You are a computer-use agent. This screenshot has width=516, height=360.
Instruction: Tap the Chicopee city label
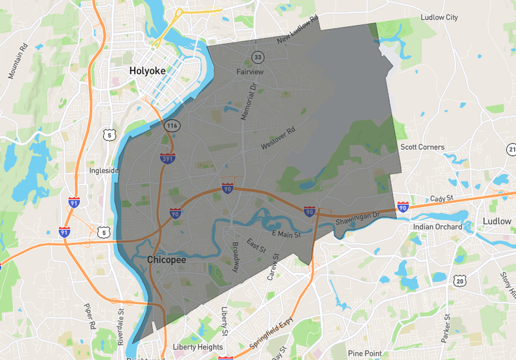click(166, 260)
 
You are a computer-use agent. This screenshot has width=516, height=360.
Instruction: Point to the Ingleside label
click(104, 171)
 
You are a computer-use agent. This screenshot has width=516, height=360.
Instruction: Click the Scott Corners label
click(422, 147)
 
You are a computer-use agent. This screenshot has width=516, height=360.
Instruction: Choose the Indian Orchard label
click(438, 227)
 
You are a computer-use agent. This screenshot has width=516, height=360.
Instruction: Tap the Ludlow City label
click(439, 18)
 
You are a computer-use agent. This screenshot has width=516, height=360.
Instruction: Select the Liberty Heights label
click(198, 347)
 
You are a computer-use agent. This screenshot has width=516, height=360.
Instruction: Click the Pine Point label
click(365, 353)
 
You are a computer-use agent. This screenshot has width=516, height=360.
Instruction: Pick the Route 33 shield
click(258, 56)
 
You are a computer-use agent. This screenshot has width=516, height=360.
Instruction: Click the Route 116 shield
click(172, 125)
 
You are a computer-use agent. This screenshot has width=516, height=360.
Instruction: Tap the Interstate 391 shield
click(167, 158)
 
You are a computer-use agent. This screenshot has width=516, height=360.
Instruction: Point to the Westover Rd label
click(278, 137)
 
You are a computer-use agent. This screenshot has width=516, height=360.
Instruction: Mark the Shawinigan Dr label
click(358, 219)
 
